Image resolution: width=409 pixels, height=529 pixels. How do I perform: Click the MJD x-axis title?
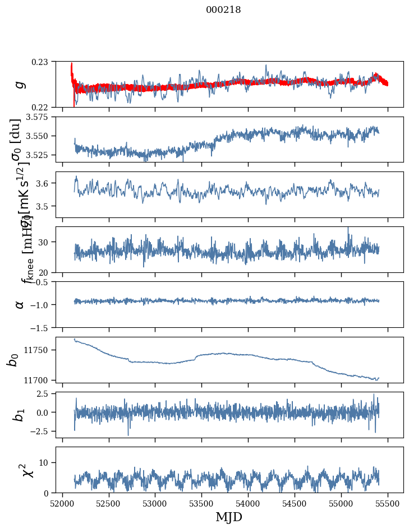229,517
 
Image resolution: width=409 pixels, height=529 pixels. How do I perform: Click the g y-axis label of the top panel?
19,84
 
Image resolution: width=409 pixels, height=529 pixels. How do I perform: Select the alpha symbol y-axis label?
19,304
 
